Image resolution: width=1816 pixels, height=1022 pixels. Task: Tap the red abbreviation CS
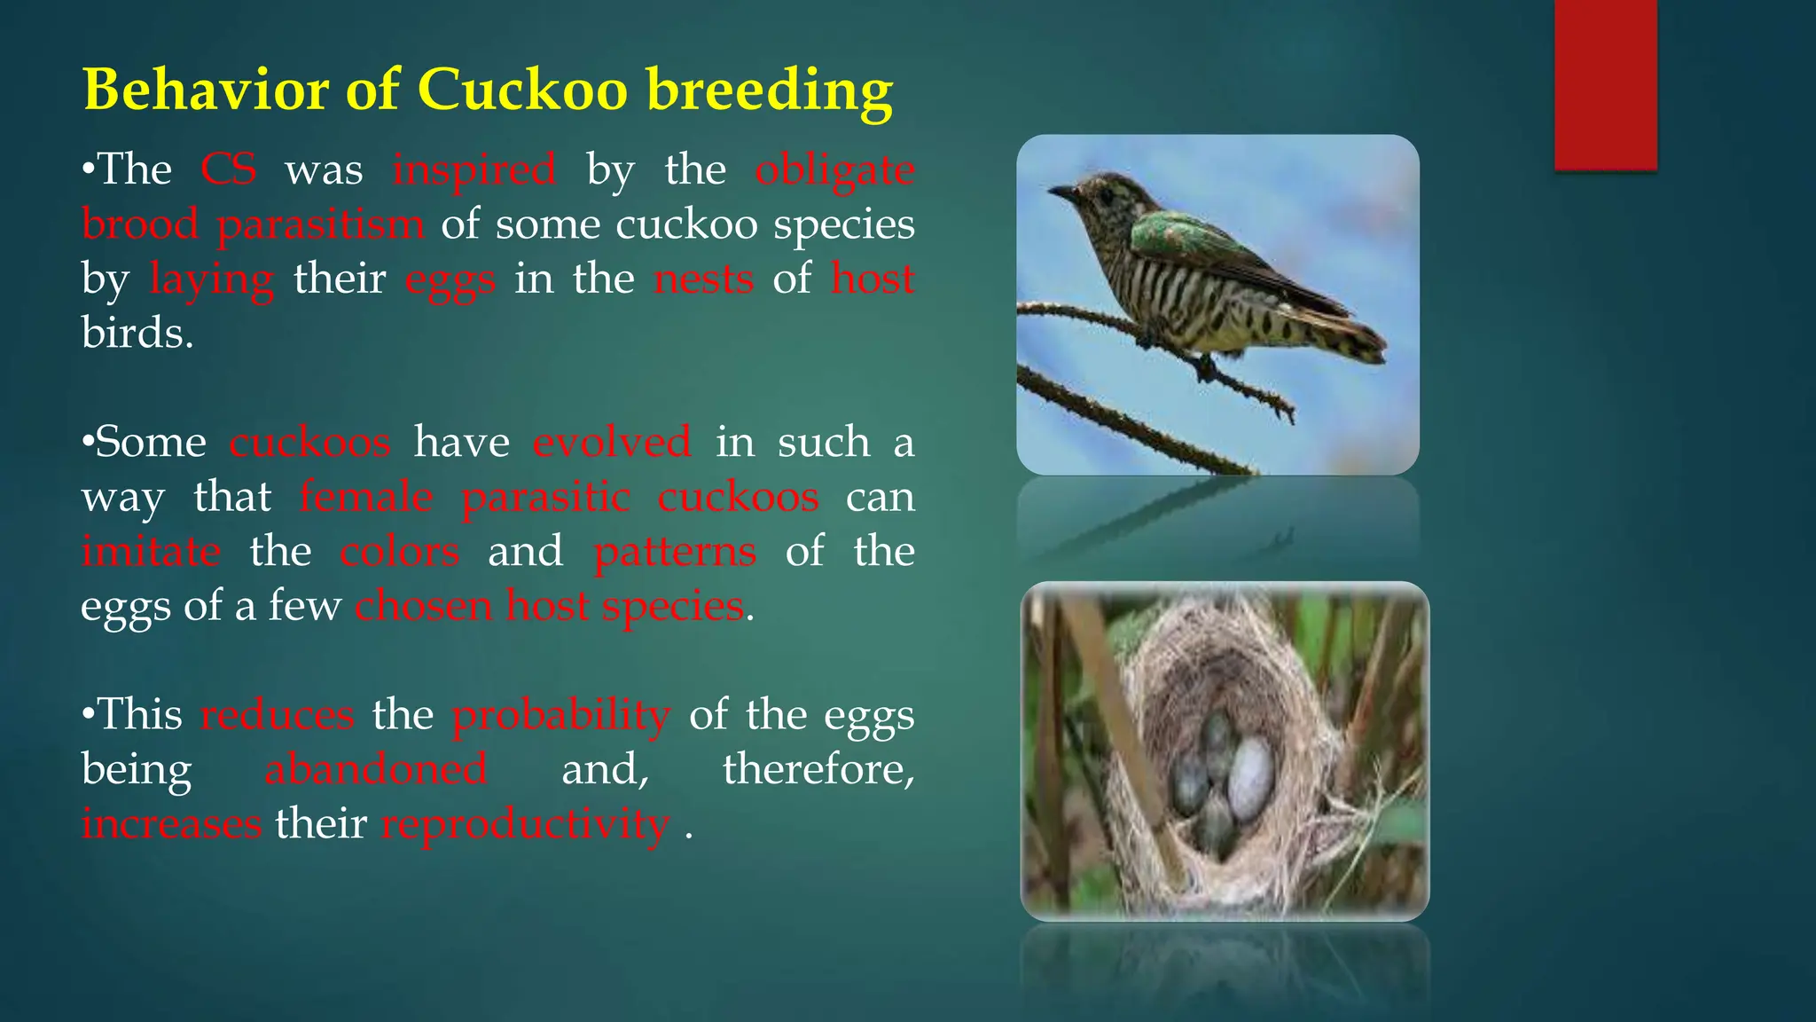tap(228, 169)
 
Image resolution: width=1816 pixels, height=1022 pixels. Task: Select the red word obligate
tap(834, 169)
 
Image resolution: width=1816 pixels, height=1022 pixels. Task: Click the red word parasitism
tap(320, 224)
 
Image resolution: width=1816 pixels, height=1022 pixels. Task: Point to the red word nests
tap(703, 279)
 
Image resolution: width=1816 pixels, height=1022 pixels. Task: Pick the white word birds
tap(137, 334)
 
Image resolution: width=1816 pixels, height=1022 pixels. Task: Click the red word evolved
tap(612, 442)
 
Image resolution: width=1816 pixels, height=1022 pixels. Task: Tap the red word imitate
tap(151, 551)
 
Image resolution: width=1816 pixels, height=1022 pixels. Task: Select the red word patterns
tap(675, 551)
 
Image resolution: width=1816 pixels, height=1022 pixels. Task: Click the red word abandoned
tap(376, 768)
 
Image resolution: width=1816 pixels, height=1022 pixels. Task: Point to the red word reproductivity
tap(525, 823)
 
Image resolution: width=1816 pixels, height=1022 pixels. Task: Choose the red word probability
tap(560, 715)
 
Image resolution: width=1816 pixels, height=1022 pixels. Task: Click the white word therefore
tap(818, 768)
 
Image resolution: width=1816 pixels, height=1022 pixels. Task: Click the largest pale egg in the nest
tap(1250, 777)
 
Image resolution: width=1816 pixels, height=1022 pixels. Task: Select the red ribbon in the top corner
tap(1605, 84)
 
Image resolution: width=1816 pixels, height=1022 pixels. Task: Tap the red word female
tap(365, 496)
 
